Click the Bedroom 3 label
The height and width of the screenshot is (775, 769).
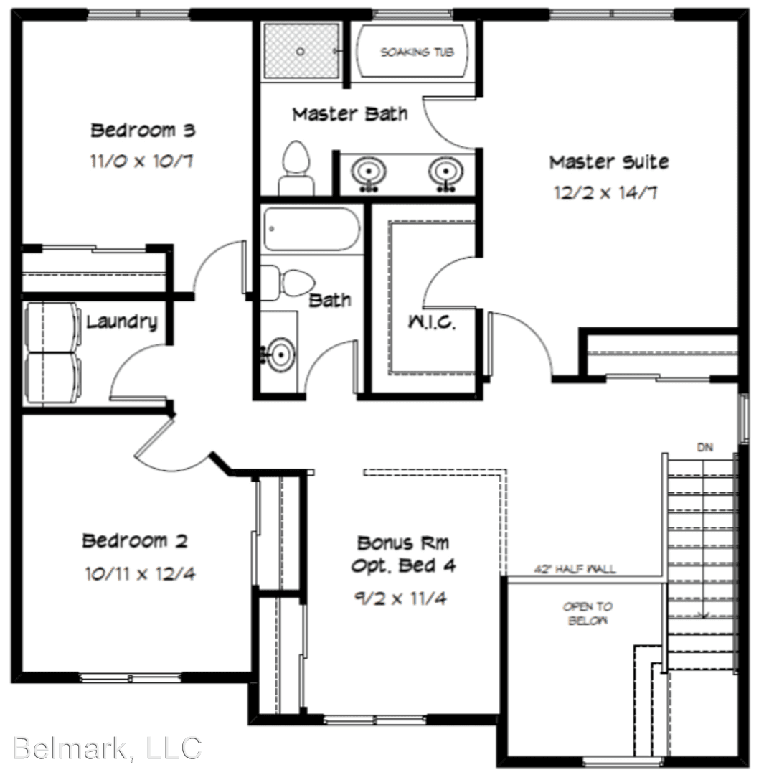tap(143, 131)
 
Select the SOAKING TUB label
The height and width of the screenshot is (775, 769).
tap(416, 52)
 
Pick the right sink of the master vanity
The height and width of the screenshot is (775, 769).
tap(445, 173)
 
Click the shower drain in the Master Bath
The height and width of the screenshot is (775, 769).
tap(301, 52)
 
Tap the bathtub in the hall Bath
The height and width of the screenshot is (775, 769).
tap(311, 229)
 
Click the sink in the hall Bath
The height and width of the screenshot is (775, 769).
tap(279, 354)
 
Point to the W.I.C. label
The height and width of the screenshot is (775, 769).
tap(431, 322)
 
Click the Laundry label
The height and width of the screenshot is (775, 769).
tap(121, 322)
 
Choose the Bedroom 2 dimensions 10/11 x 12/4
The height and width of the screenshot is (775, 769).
tap(140, 574)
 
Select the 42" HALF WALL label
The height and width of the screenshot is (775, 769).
tap(575, 569)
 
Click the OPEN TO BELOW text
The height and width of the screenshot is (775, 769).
tap(588, 614)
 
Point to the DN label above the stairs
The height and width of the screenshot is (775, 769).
tap(705, 448)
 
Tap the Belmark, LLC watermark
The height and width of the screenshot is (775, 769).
tap(107, 748)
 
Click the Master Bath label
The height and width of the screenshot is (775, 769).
tap(349, 113)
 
